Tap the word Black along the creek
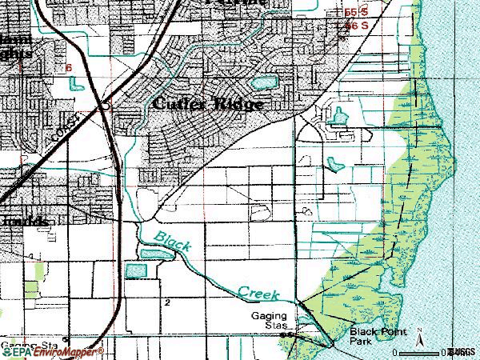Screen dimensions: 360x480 pyautogui.click(x=172, y=240)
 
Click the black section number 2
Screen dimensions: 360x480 pyautogui.click(x=167, y=303)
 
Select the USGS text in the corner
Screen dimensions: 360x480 pyautogui.click(x=462, y=351)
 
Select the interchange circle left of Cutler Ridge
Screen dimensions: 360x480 pyautogui.click(x=105, y=104)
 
